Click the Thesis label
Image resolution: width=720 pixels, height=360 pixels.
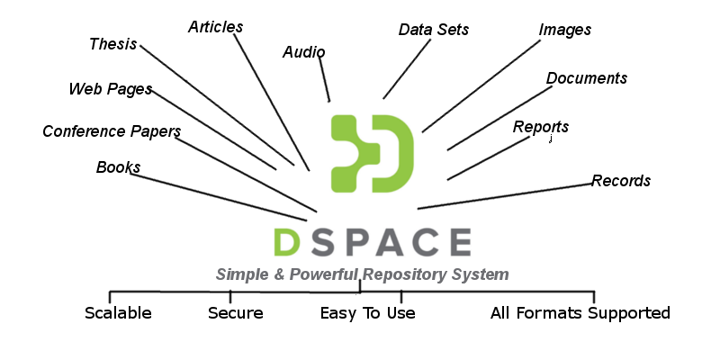point(112,44)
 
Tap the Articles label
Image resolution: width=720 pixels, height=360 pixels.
point(215,26)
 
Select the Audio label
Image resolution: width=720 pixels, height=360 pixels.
point(303,52)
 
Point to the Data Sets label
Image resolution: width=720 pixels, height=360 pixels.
point(433,30)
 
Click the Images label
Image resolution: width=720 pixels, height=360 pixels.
point(564,30)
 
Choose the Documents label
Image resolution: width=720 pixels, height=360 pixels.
point(586,78)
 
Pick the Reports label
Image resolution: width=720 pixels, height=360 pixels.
point(540,127)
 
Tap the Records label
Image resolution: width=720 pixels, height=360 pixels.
point(620,181)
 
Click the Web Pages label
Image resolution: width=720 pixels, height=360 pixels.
point(110,89)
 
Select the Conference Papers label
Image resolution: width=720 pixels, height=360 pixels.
point(112,131)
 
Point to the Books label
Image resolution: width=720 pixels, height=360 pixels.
point(118,167)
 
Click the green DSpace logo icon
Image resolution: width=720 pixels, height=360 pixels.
point(372,153)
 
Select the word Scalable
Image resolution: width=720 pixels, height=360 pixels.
point(118,313)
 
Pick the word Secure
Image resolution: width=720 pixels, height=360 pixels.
point(235,313)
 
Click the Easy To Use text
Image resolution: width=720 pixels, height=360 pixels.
point(367,313)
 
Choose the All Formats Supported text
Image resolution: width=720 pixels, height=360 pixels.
point(580,313)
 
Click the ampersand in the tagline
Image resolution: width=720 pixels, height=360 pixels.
point(272,274)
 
